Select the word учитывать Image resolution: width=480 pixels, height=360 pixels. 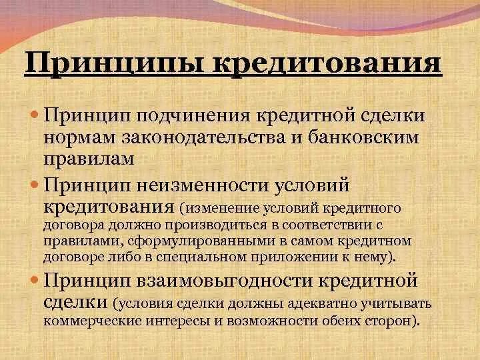click(397, 304)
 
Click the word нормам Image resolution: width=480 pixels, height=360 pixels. click(83, 137)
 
